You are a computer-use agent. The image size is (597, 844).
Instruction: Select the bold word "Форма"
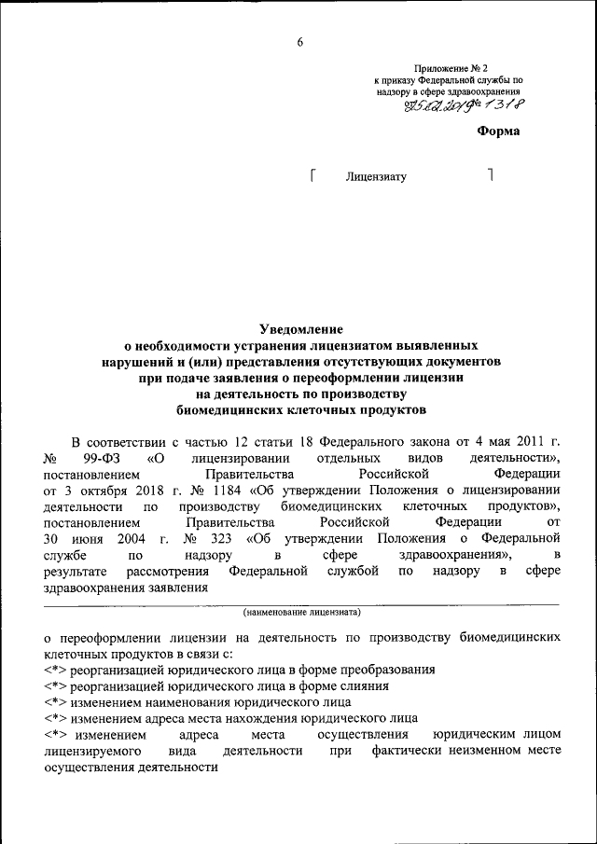pyautogui.click(x=498, y=131)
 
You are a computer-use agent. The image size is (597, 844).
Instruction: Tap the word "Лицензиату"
pyautogui.click(x=376, y=176)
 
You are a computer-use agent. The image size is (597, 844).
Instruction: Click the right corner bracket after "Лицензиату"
pyautogui.click(x=490, y=173)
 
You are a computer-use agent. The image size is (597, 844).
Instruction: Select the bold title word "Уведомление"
pyautogui.click(x=300, y=328)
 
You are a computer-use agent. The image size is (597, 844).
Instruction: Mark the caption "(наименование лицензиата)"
pyautogui.click(x=300, y=614)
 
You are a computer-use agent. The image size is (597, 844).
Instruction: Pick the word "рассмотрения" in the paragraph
pyautogui.click(x=164, y=571)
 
